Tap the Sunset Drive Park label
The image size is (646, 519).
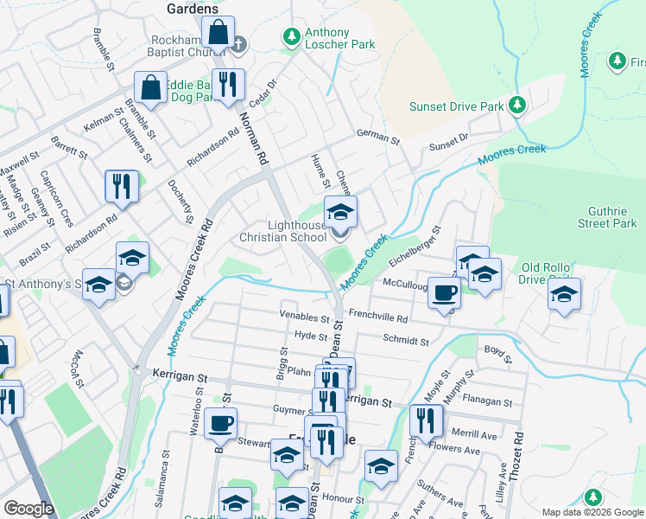point(456,106)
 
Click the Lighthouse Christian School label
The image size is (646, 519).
point(282,231)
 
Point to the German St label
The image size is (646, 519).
point(379,138)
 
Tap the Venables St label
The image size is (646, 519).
point(305,317)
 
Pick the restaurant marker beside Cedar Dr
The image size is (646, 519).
point(228,86)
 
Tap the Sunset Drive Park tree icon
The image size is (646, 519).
point(516,106)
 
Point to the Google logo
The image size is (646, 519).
point(28,509)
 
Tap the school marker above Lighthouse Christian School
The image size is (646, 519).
point(340,211)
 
